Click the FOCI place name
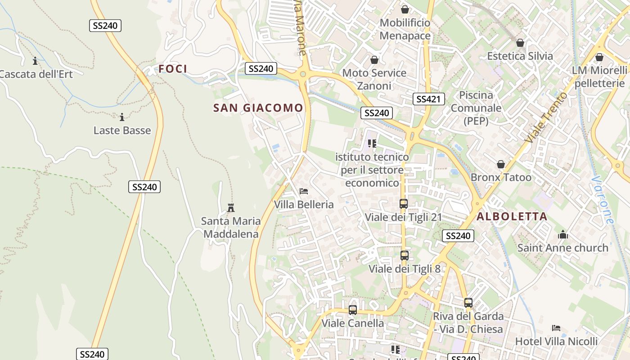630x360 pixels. tap(172, 69)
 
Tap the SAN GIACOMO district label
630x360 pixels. tap(258, 108)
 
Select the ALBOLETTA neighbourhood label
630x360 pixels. tap(512, 216)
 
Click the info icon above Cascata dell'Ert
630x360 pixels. tap(35, 61)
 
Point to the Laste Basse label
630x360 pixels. tap(122, 130)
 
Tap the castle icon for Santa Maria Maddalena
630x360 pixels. tap(231, 207)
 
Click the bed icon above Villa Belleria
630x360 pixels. tap(304, 191)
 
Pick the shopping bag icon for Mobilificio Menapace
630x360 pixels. tap(405, 9)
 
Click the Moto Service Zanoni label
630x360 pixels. tap(374, 79)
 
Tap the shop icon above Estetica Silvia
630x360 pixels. tap(520, 43)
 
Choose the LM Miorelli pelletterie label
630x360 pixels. tap(599, 76)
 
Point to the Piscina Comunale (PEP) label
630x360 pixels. tap(476, 108)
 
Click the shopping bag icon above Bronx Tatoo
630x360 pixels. tap(501, 164)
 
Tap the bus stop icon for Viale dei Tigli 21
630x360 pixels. tap(403, 203)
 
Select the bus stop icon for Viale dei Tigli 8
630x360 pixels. tap(405, 256)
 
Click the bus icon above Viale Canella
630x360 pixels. tap(353, 310)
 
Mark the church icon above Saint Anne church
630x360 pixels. tap(562, 234)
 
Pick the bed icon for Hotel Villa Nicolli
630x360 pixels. tap(556, 328)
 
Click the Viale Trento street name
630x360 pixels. tap(546, 118)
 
